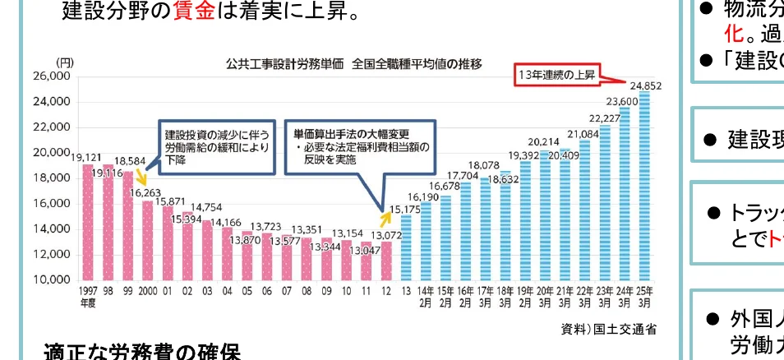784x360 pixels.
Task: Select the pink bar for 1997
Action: pyautogui.click(x=87, y=222)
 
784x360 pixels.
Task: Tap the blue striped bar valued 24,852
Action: pyautogui.click(x=644, y=185)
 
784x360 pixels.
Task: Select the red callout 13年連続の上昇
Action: pyautogui.click(x=557, y=75)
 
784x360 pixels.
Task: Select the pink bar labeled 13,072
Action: pyautogui.click(x=386, y=261)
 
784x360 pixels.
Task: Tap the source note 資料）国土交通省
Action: pyautogui.click(x=609, y=330)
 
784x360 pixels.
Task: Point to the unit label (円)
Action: pyautogui.click(x=64, y=62)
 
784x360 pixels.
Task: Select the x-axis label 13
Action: pyautogui.click(x=405, y=291)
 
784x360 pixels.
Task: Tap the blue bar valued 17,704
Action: pyautogui.click(x=464, y=231)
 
